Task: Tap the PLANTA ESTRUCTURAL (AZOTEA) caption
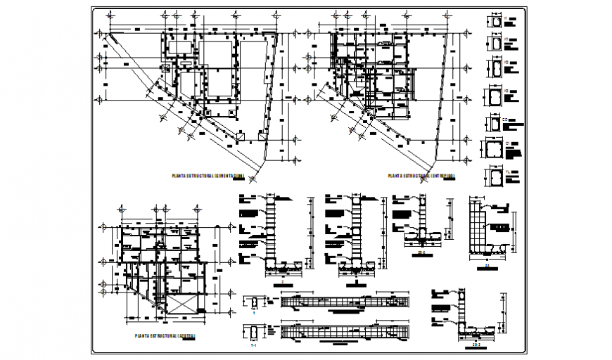(x=163, y=336)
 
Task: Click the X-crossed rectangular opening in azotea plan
(x=181, y=305)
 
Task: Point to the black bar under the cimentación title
(x=239, y=180)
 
